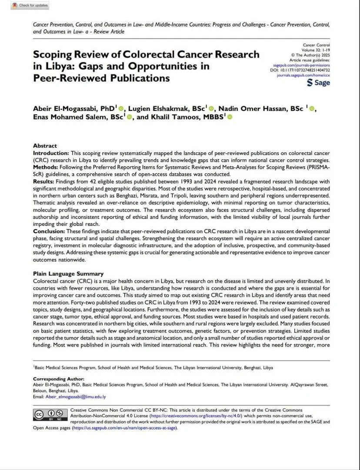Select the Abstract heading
pyautogui.click(x=45, y=146)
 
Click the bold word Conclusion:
pyautogui.click(x=49, y=232)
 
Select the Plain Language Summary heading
pyautogui.click(x=68, y=274)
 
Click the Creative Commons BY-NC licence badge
pyautogui.click(x=50, y=415)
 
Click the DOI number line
pyautogui.click(x=300, y=70)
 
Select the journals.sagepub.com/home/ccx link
pyautogui.click(x=303, y=75)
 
